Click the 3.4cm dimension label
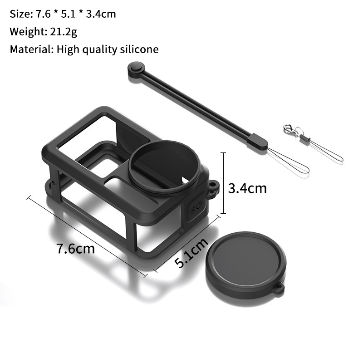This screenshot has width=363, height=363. pos(247,188)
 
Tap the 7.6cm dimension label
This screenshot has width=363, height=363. pos(75,249)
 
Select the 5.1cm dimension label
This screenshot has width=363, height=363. pos(191,253)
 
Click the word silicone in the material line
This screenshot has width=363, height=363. pos(139,49)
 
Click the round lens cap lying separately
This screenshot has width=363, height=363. pos(245,265)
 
